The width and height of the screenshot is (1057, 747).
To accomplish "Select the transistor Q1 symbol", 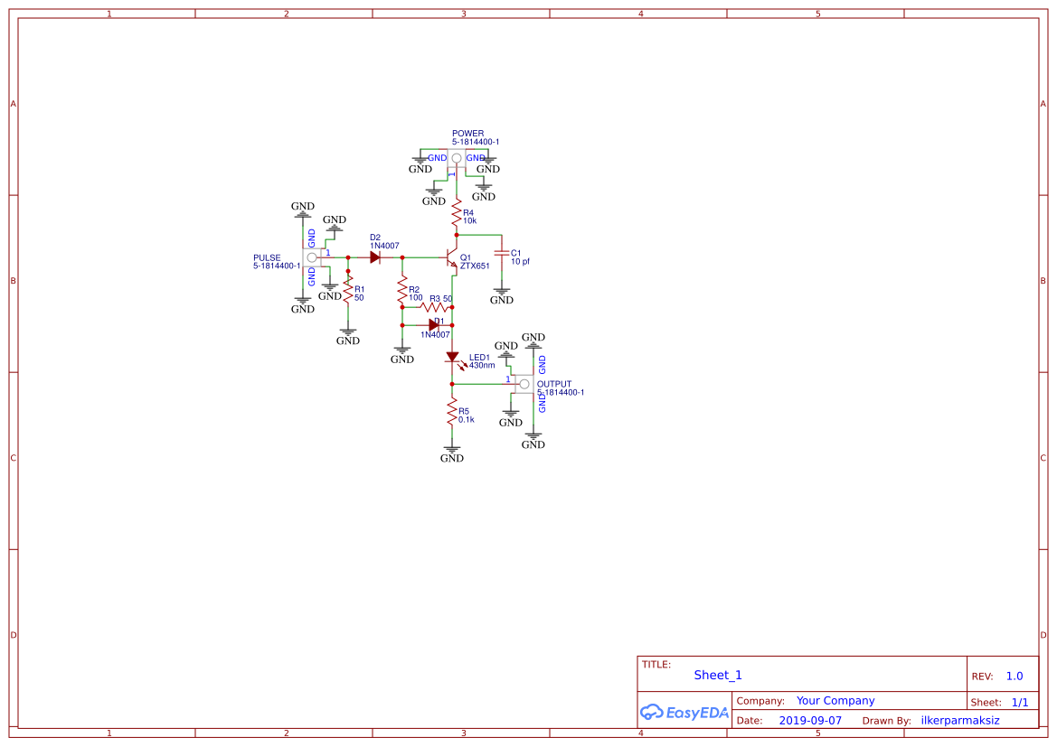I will coord(452,258).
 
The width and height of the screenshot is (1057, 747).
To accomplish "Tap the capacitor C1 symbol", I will coord(502,253).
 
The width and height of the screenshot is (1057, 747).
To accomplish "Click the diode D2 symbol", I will coord(374,257).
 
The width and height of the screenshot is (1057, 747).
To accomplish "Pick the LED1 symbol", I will coord(452,357).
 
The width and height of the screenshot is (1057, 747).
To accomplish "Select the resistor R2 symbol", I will coord(402,292).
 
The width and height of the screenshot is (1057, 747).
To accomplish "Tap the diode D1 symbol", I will coord(434,324).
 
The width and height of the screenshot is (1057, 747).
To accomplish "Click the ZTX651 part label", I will coord(475,266).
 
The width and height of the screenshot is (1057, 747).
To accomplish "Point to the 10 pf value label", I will coord(521,262).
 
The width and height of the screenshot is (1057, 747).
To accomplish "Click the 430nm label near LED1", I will coord(482,366).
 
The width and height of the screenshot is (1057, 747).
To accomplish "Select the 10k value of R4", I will coord(469,220).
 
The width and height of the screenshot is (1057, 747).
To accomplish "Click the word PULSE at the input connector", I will coord(267,257).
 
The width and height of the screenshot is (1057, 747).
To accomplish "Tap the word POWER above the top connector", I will coord(467,134).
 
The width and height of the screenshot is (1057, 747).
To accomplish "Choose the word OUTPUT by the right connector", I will coord(554,384).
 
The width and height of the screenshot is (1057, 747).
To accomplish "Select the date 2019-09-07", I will coord(810,721).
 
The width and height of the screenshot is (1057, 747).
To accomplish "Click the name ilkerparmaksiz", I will coord(960,721).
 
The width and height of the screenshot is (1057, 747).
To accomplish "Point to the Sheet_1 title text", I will coord(718,675).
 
